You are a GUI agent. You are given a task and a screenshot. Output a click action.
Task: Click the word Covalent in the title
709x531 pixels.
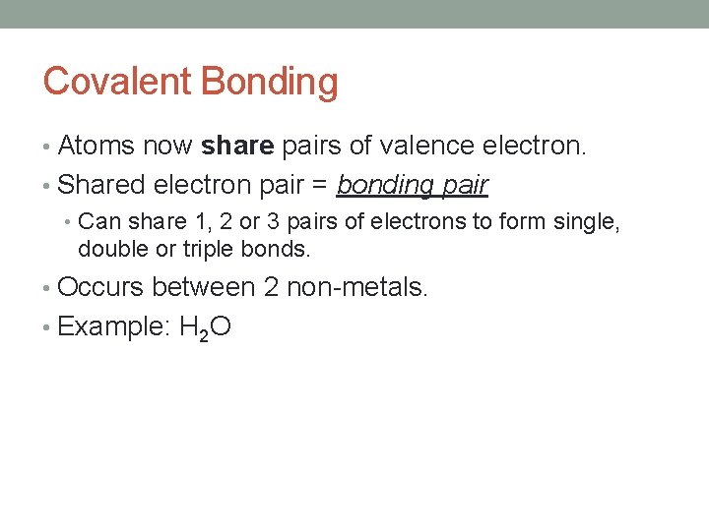(117, 82)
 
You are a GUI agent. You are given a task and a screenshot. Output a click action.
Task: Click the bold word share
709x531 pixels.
(237, 147)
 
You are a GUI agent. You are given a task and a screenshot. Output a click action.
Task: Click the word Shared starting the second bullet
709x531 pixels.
(102, 184)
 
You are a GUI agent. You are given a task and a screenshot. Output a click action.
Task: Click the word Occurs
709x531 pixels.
(100, 288)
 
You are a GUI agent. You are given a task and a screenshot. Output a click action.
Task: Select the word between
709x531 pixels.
(203, 288)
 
